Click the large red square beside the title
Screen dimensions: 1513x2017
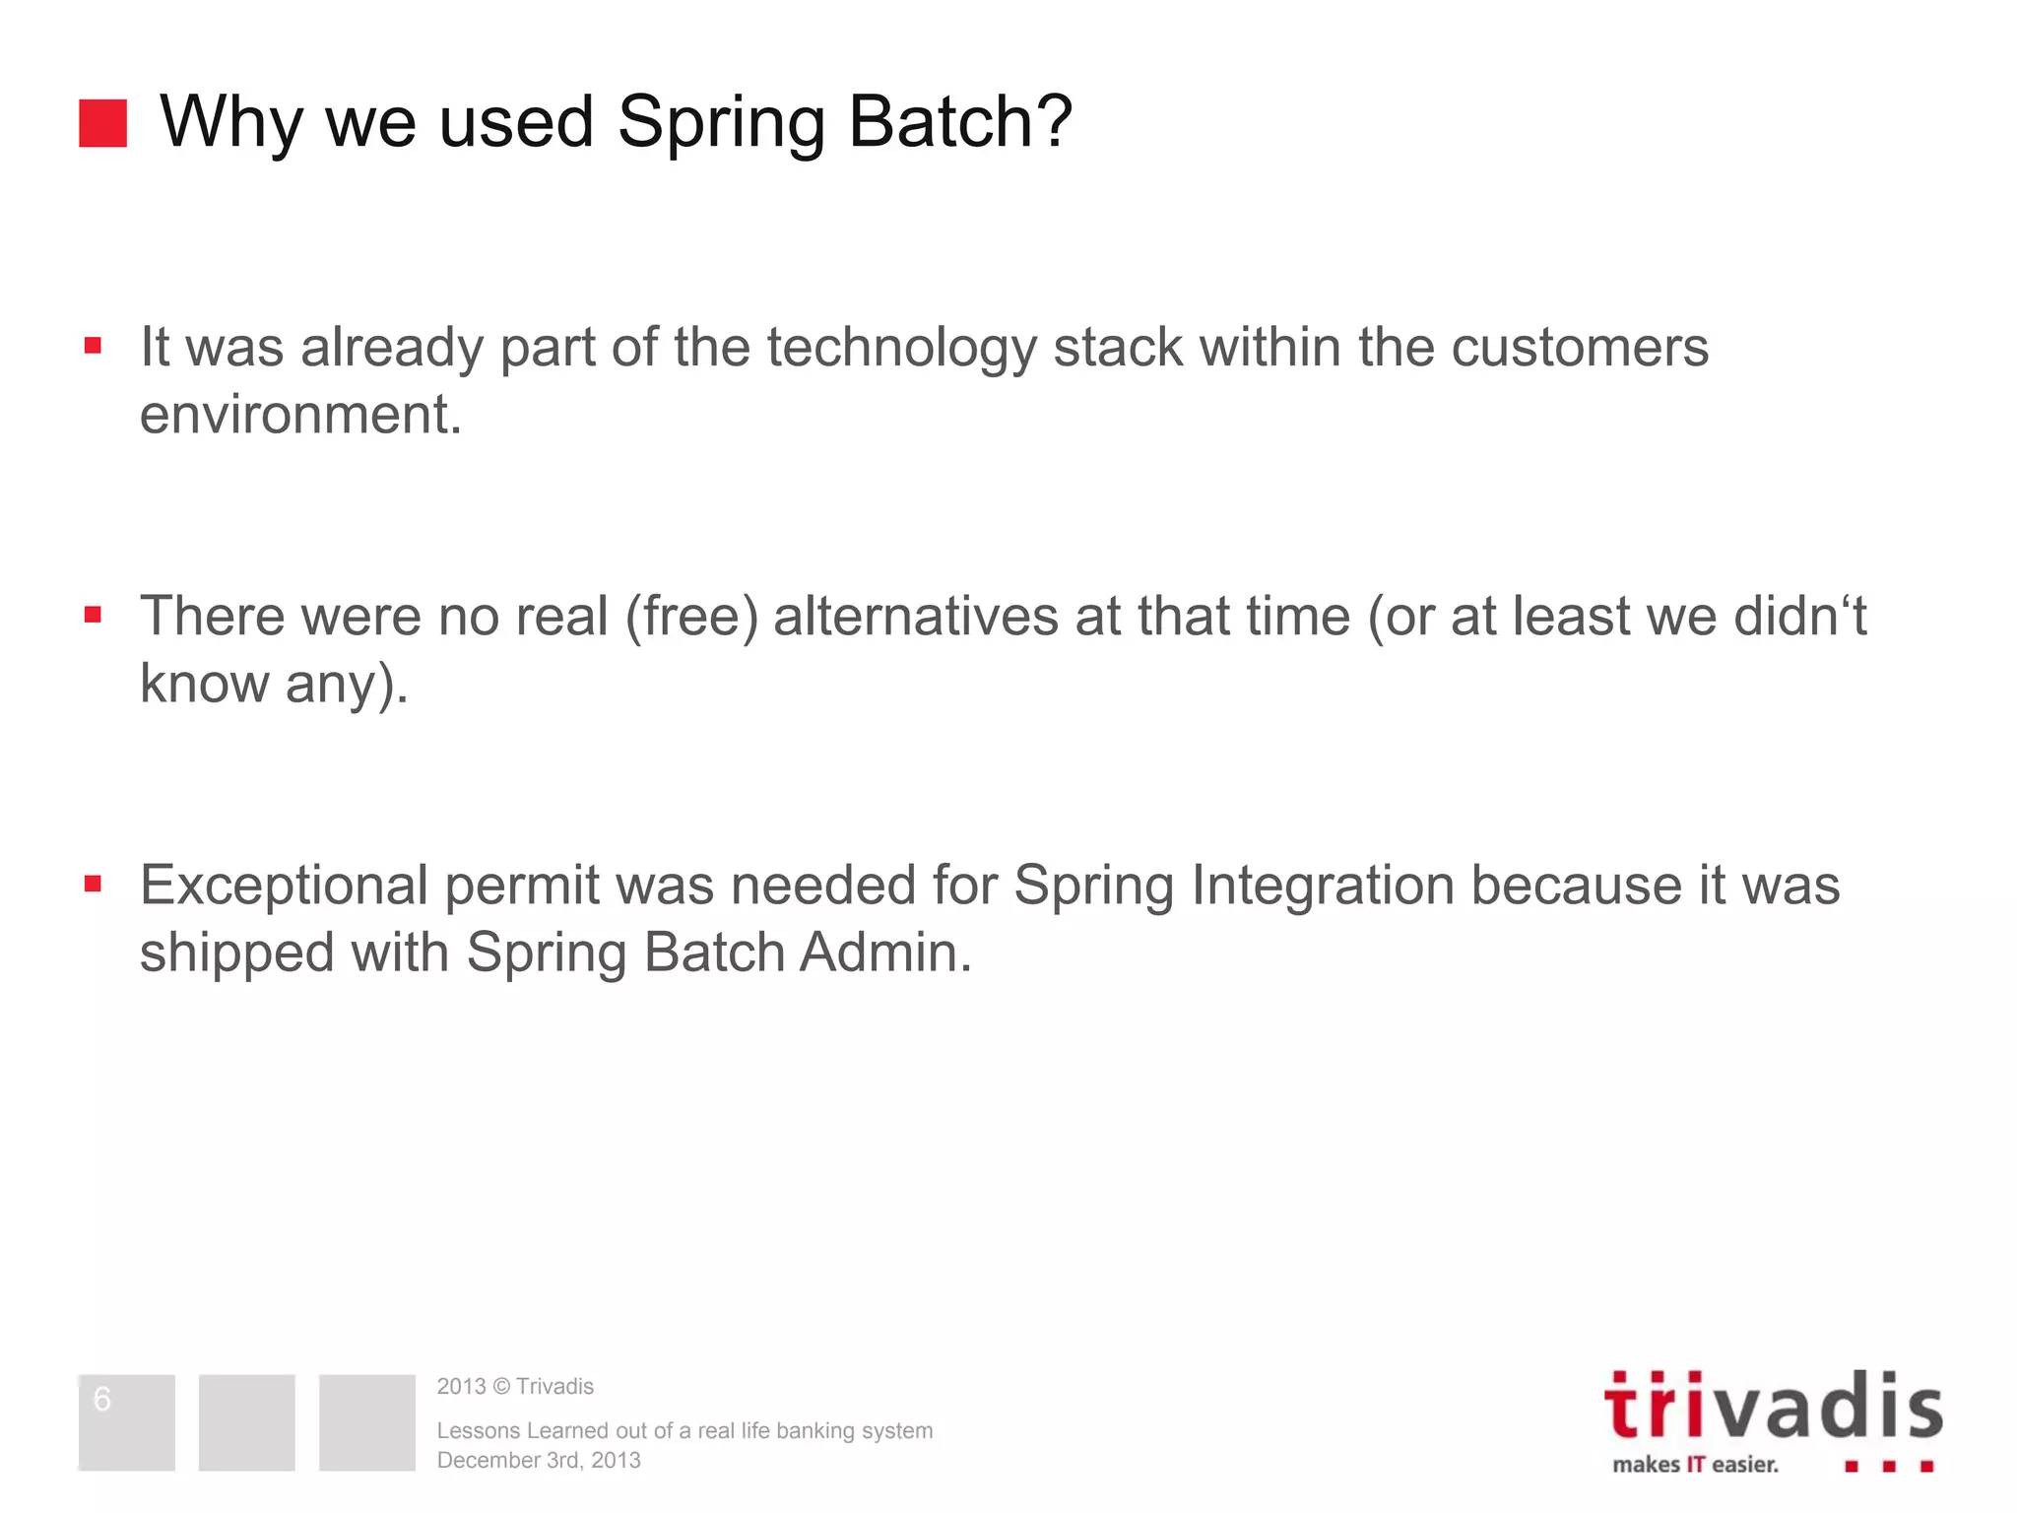click(x=102, y=123)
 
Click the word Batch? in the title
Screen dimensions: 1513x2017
click(x=959, y=121)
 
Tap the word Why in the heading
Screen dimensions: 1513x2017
click(x=230, y=123)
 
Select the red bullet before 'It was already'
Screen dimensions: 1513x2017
click(x=94, y=346)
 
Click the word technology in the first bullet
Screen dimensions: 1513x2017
click(x=901, y=348)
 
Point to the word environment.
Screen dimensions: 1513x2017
click(x=300, y=414)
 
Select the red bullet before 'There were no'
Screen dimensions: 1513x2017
click(x=94, y=616)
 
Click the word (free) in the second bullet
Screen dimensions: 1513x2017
click(x=692, y=618)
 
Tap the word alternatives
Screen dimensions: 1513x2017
click(x=917, y=617)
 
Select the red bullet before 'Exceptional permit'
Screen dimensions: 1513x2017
click(x=94, y=884)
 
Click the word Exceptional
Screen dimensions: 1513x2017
click(x=285, y=886)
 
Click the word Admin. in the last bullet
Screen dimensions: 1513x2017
click(x=885, y=953)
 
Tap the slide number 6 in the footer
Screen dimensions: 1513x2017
click(x=102, y=1399)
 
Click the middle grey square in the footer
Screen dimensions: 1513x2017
click(x=246, y=1422)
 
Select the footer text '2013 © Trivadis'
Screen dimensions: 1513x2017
click(x=515, y=1386)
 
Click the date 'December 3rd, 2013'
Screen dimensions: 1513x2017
click(x=539, y=1460)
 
